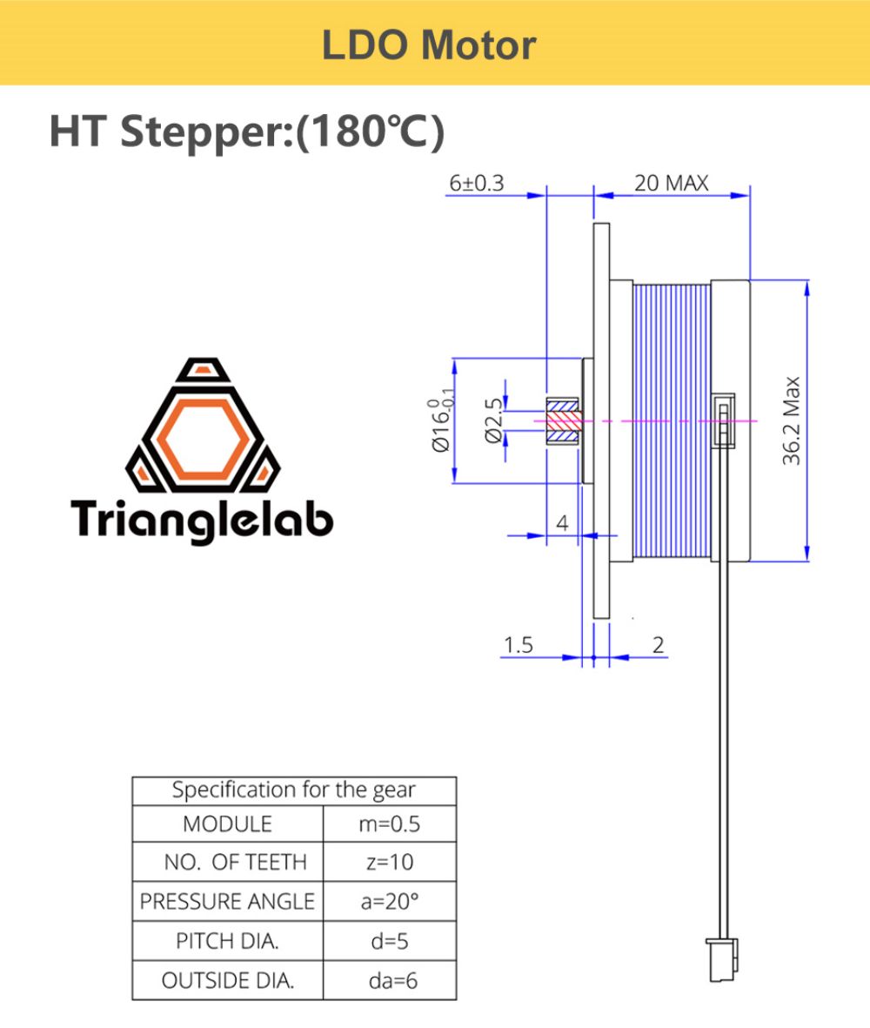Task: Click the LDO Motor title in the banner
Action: (429, 44)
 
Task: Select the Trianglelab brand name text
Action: (202, 519)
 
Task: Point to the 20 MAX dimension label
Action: (671, 184)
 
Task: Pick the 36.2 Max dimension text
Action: (790, 420)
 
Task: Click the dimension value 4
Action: (561, 523)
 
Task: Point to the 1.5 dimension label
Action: (518, 645)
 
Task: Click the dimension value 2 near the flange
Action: (658, 645)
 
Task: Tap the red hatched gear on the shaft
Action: (562, 420)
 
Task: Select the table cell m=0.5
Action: (389, 823)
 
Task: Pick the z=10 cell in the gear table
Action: (389, 862)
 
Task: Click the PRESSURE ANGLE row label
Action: (227, 901)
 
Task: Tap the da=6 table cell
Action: (389, 980)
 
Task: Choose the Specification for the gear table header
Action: (293, 790)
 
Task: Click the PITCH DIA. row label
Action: (227, 941)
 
